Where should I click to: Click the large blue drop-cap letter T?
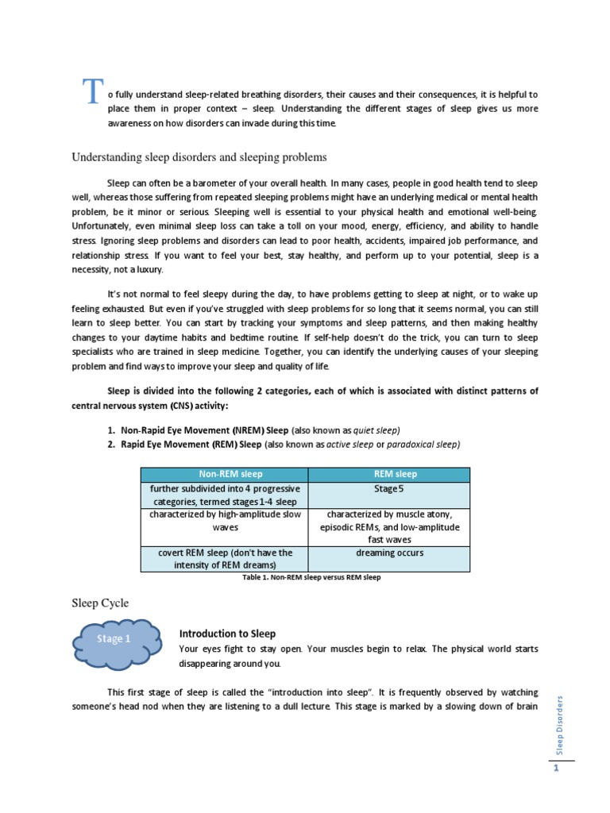(x=93, y=93)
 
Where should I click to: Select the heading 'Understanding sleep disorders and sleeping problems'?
(x=199, y=157)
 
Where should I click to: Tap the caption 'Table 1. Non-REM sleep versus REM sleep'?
(x=311, y=577)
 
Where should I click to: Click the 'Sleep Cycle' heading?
(x=100, y=603)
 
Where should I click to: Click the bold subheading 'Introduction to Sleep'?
(x=227, y=634)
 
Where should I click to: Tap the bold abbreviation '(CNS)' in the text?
(x=179, y=406)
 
